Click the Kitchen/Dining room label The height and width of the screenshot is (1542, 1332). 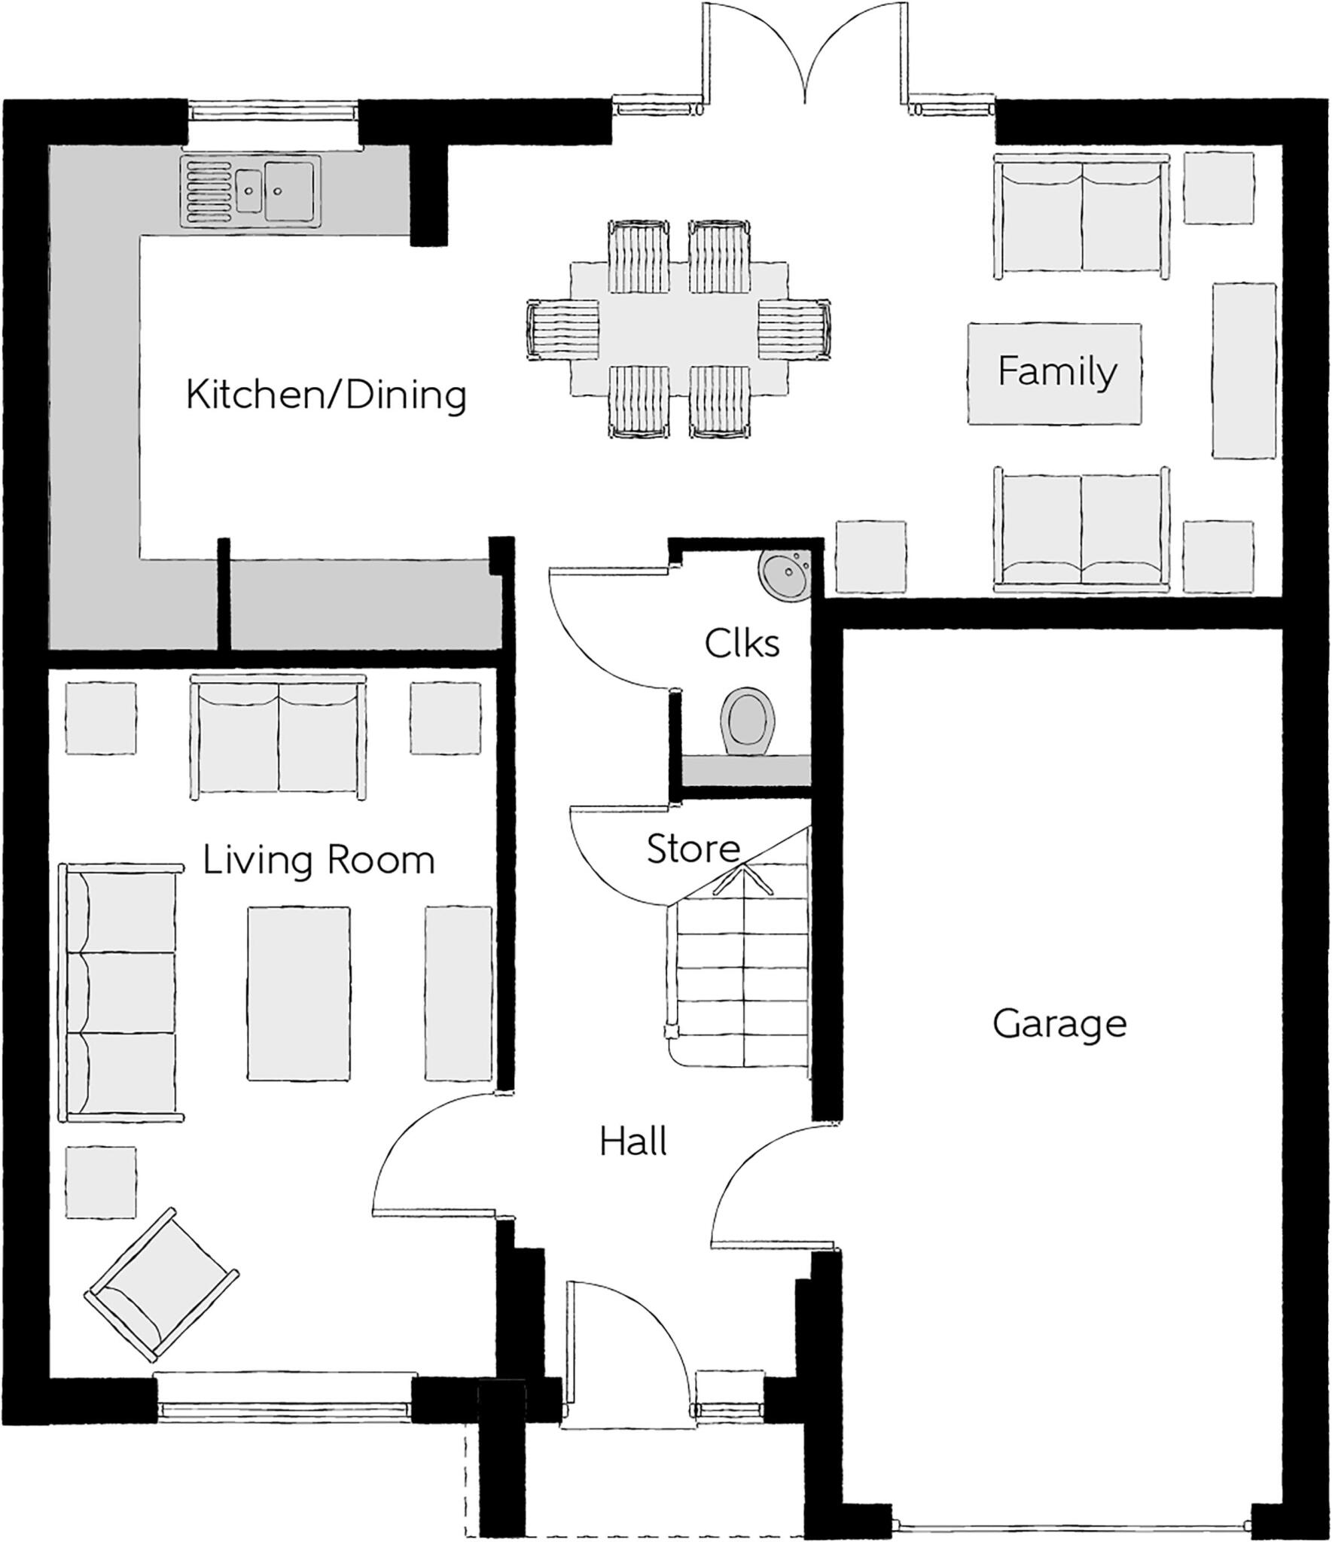pos(326,395)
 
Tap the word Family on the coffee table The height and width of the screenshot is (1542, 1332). pos(1056,372)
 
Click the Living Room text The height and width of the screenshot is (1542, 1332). pos(319,860)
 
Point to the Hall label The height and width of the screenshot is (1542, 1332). pos(633,1142)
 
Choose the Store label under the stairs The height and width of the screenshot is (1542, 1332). pos(693,849)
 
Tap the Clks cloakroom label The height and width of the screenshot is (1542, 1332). pos(742,644)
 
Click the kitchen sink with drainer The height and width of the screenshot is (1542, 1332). pos(250,190)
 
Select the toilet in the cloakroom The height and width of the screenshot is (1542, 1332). pos(747,720)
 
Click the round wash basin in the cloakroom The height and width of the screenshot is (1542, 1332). pos(785,574)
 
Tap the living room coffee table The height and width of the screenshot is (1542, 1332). pos(299,992)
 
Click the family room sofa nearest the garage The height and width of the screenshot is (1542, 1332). pos(1081,530)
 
